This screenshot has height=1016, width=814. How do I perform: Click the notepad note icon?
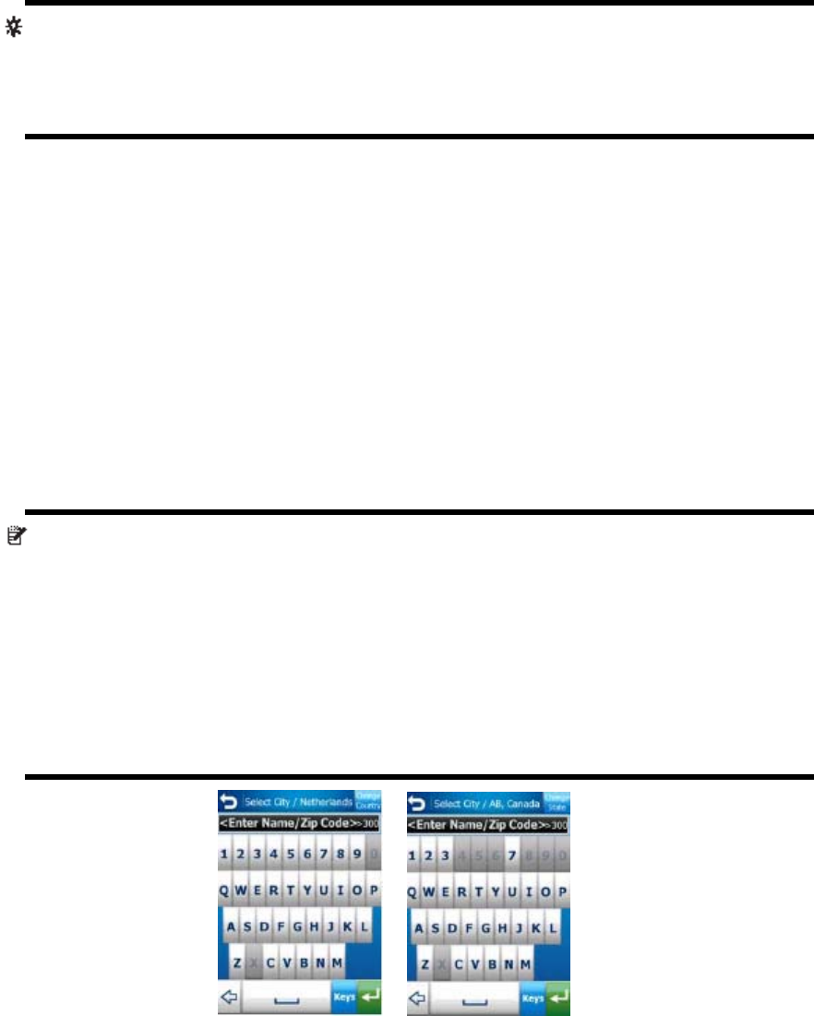click(x=16, y=534)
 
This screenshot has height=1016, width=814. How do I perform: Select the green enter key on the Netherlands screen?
click(x=370, y=998)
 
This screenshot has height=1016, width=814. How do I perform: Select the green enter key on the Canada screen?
click(x=558, y=998)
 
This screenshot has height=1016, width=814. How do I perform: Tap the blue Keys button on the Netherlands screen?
click(x=344, y=998)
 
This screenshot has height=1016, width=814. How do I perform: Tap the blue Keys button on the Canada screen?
click(x=533, y=998)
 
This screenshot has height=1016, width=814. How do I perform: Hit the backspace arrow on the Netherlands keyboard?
click(x=228, y=998)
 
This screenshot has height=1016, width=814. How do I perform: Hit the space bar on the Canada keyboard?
click(x=475, y=998)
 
